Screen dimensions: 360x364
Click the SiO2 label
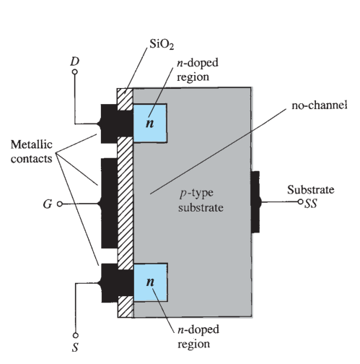click(x=162, y=44)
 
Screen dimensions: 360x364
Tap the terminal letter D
click(x=74, y=61)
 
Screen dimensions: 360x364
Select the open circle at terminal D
click(x=75, y=71)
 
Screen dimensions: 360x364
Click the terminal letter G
click(x=48, y=204)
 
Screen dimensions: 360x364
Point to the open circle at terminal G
click(x=60, y=204)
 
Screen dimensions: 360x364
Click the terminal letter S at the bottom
click(x=75, y=347)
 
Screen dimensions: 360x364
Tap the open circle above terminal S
click(x=76, y=335)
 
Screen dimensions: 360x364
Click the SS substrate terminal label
click(x=311, y=204)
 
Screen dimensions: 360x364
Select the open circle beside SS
click(x=300, y=201)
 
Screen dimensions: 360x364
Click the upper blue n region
click(x=150, y=123)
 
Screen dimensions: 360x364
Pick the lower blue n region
click(x=150, y=282)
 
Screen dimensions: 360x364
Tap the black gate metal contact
click(x=110, y=203)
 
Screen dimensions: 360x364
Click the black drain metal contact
click(x=115, y=123)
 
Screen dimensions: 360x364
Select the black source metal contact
click(x=115, y=283)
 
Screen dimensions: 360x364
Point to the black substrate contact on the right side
click(x=255, y=202)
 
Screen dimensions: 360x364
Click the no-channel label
click(x=319, y=105)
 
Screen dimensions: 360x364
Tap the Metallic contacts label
click(x=32, y=152)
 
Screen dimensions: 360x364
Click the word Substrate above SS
click(x=311, y=190)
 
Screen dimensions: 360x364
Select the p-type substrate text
click(x=201, y=200)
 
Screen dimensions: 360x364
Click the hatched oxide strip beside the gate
click(x=126, y=203)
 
